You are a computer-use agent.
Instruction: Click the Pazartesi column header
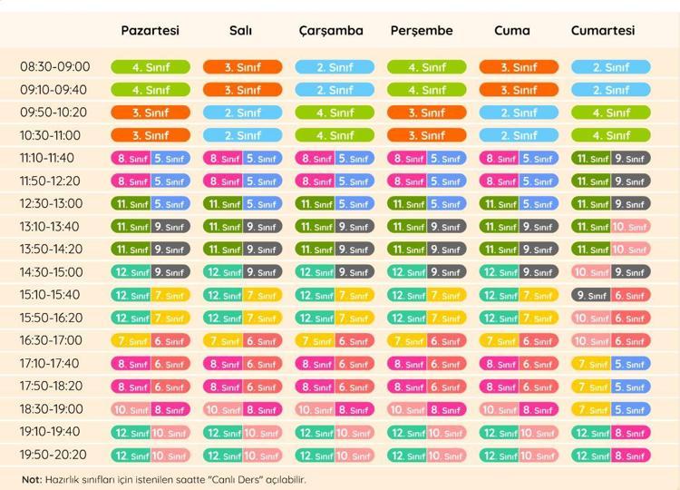click(151, 30)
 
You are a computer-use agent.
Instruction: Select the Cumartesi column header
click(603, 30)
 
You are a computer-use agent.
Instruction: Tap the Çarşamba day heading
click(331, 30)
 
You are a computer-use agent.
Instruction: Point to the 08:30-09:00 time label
click(55, 67)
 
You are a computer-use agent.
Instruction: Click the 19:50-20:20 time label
click(55, 455)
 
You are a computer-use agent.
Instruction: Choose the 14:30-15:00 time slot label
click(55, 272)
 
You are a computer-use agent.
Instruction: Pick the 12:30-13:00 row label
click(55, 203)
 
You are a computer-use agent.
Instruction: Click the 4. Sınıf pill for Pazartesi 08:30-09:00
click(151, 67)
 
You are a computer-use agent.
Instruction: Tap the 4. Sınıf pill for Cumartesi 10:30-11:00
click(610, 135)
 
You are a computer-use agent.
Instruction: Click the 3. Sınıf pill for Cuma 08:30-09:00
click(519, 67)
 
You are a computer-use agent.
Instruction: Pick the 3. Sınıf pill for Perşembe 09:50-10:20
click(426, 113)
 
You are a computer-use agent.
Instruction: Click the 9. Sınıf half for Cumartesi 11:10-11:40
click(630, 158)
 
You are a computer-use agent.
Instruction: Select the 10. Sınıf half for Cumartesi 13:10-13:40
click(630, 227)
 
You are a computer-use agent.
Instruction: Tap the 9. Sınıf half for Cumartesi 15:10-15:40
click(591, 295)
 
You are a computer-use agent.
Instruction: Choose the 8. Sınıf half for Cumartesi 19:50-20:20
click(630, 456)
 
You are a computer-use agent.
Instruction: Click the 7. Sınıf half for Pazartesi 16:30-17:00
click(131, 341)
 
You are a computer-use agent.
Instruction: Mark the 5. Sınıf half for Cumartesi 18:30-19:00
click(630, 409)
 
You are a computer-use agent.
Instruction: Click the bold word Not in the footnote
click(32, 479)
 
